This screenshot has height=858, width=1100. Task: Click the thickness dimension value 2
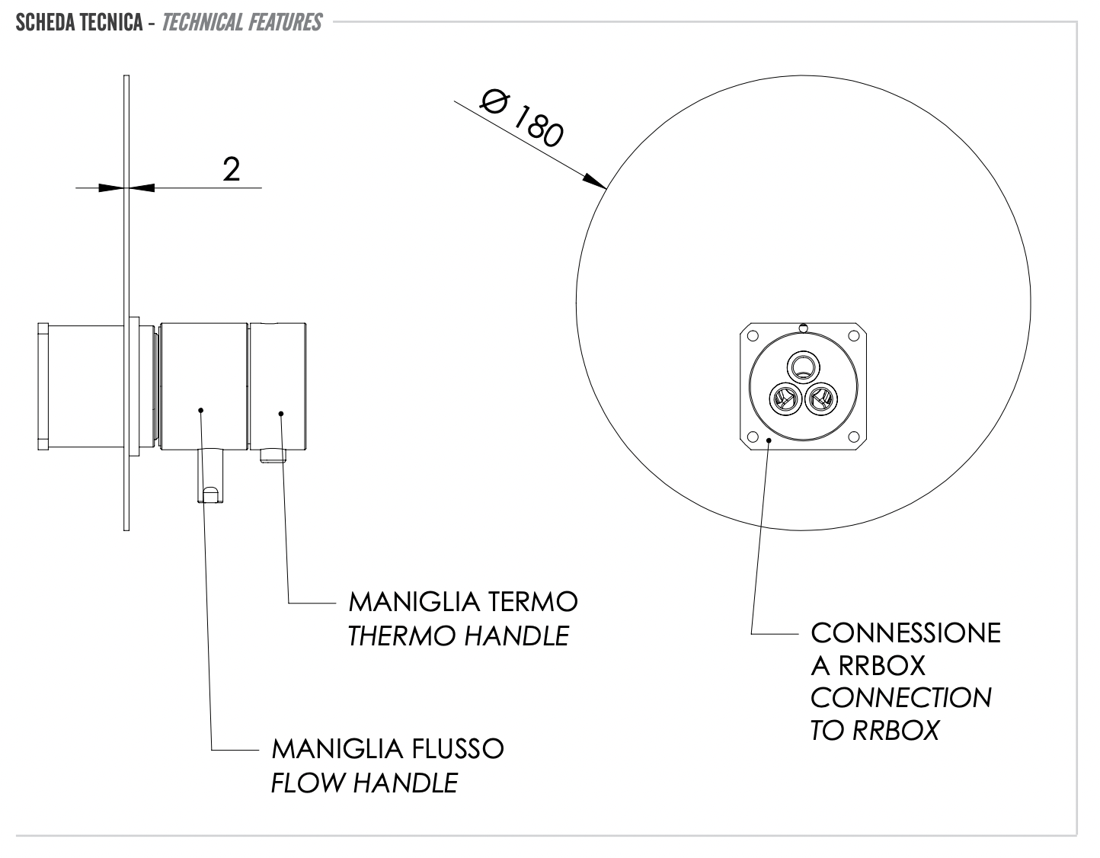click(x=232, y=168)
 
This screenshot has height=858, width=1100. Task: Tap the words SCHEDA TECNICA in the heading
click(x=78, y=22)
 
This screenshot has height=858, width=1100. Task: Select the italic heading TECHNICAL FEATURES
click(x=242, y=22)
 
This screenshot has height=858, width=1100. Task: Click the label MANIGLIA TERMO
click(x=463, y=602)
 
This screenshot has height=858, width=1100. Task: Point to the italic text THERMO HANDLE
click(x=458, y=635)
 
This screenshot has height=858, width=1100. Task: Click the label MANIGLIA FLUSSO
click(x=388, y=748)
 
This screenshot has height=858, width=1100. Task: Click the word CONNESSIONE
click(x=905, y=632)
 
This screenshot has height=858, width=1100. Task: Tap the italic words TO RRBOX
click(x=875, y=730)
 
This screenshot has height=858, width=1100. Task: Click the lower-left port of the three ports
click(x=784, y=398)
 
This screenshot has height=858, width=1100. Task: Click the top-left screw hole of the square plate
click(x=753, y=336)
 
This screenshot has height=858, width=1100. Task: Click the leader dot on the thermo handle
click(x=281, y=414)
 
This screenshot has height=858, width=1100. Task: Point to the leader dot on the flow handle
click(x=200, y=410)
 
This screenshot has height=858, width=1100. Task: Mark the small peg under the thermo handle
click(x=272, y=455)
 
